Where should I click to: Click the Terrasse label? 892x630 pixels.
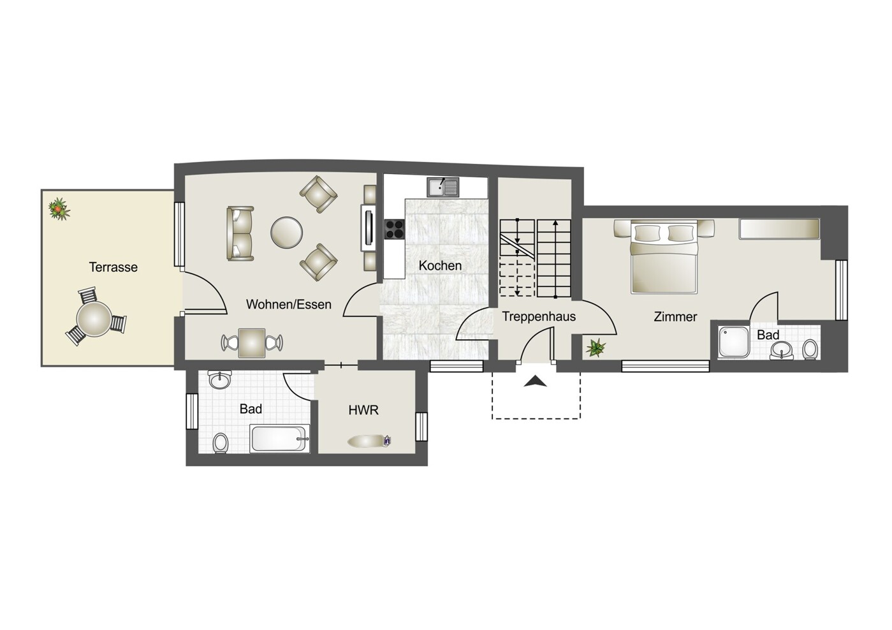pos(113,267)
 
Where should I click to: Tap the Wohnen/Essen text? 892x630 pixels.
pos(289,304)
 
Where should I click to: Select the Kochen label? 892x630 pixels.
pos(440,266)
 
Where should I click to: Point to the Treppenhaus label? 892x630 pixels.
pos(539,316)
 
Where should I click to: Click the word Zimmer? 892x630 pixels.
pos(675,317)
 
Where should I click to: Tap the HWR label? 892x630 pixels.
pos(363,410)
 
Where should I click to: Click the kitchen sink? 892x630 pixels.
pos(443,187)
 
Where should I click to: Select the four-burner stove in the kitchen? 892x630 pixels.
pos(394,229)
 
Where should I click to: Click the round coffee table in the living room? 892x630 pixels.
pos(286,233)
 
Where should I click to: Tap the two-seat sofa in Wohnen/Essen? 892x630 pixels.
pos(240,233)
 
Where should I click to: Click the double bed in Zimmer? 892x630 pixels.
pos(664,257)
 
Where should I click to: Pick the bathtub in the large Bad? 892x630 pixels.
pos(279,438)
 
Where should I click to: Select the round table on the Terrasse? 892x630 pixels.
pos(94,319)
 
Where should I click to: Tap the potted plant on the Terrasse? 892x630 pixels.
pos(59,209)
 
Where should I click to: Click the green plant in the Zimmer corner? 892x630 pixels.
pos(596,348)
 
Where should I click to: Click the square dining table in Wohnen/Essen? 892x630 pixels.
pos(252,343)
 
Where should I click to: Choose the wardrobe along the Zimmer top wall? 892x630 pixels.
pos(779,229)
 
